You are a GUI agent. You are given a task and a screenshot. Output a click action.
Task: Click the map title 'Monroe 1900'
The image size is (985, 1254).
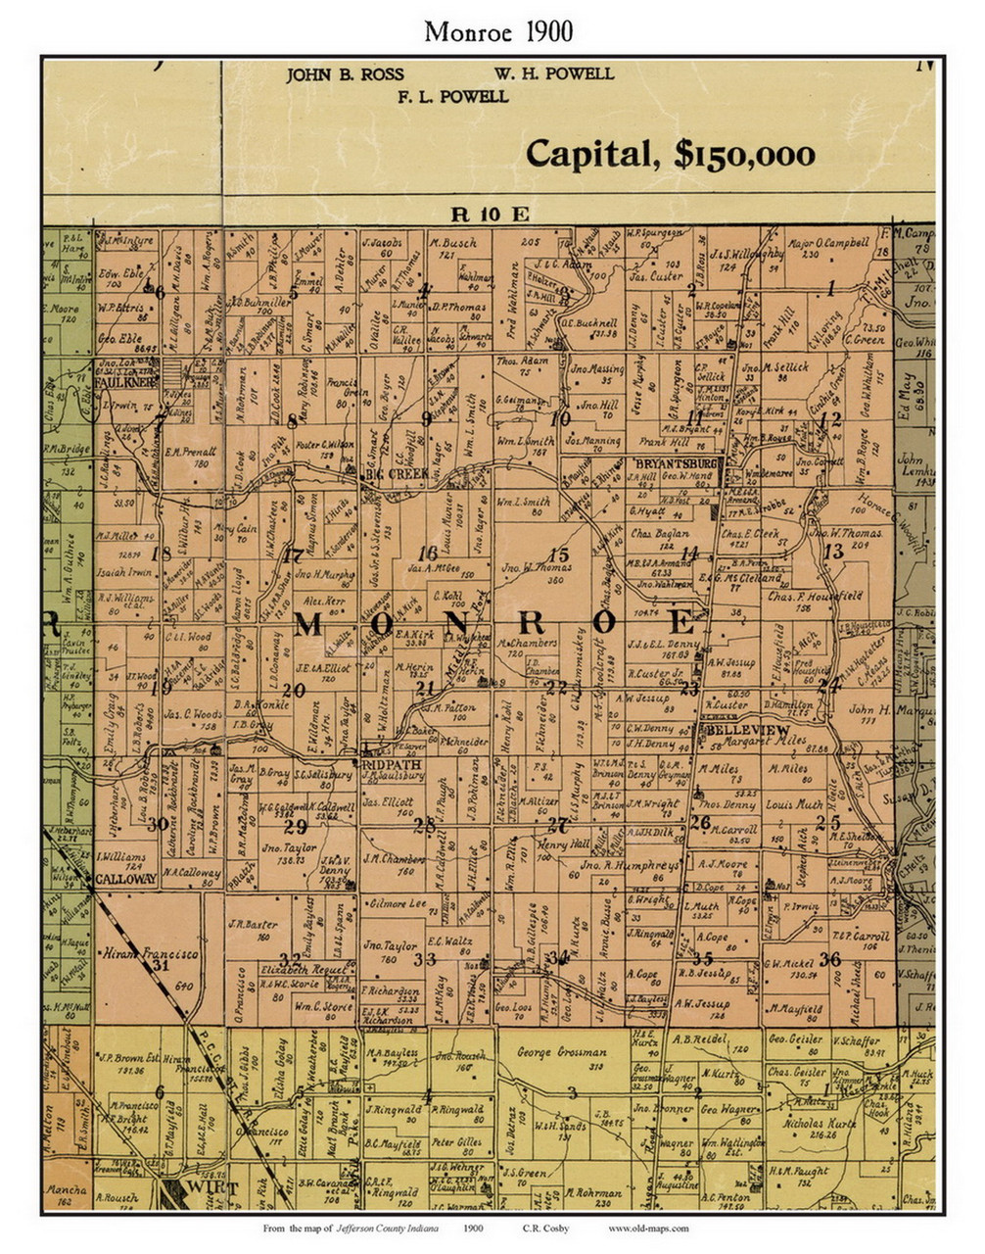tap(498, 31)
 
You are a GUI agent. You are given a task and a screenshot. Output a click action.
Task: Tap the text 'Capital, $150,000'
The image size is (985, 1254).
tap(671, 154)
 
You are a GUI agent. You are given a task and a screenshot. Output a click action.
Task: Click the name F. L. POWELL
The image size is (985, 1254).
tap(452, 97)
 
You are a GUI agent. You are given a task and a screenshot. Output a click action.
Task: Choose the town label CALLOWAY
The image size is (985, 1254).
tap(125, 879)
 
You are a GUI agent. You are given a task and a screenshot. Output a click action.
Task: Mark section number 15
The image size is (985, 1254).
tap(559, 555)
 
